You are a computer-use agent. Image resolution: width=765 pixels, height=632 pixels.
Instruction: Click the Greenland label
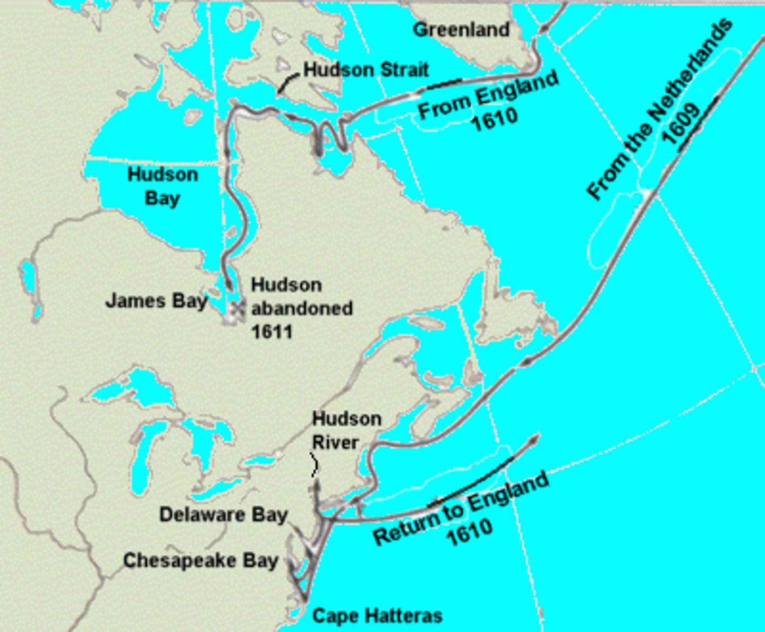pos(461,30)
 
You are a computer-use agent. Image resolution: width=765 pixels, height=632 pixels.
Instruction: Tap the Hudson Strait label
pos(366,70)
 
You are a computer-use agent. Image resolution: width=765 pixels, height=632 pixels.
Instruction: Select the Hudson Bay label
pos(163,186)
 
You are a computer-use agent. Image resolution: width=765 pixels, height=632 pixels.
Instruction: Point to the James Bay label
pos(156,301)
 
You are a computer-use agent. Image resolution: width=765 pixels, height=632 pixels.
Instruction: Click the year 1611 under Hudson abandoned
pos(271,332)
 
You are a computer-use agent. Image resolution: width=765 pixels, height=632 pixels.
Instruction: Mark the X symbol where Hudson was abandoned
pos(237,307)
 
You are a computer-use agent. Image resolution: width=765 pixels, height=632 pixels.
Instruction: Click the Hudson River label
pos(346,430)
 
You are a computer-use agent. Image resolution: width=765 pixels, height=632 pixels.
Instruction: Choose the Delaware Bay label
pos(223,514)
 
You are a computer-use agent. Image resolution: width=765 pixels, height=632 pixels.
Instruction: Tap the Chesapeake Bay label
pos(200,560)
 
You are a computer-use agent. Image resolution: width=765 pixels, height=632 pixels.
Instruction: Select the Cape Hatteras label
pos(377,616)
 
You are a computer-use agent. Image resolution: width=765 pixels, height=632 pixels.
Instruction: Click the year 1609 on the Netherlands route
pos(682,124)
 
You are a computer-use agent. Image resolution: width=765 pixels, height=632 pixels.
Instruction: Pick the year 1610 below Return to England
pos(470,532)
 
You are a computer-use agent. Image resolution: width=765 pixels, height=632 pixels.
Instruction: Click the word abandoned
pos(302,308)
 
